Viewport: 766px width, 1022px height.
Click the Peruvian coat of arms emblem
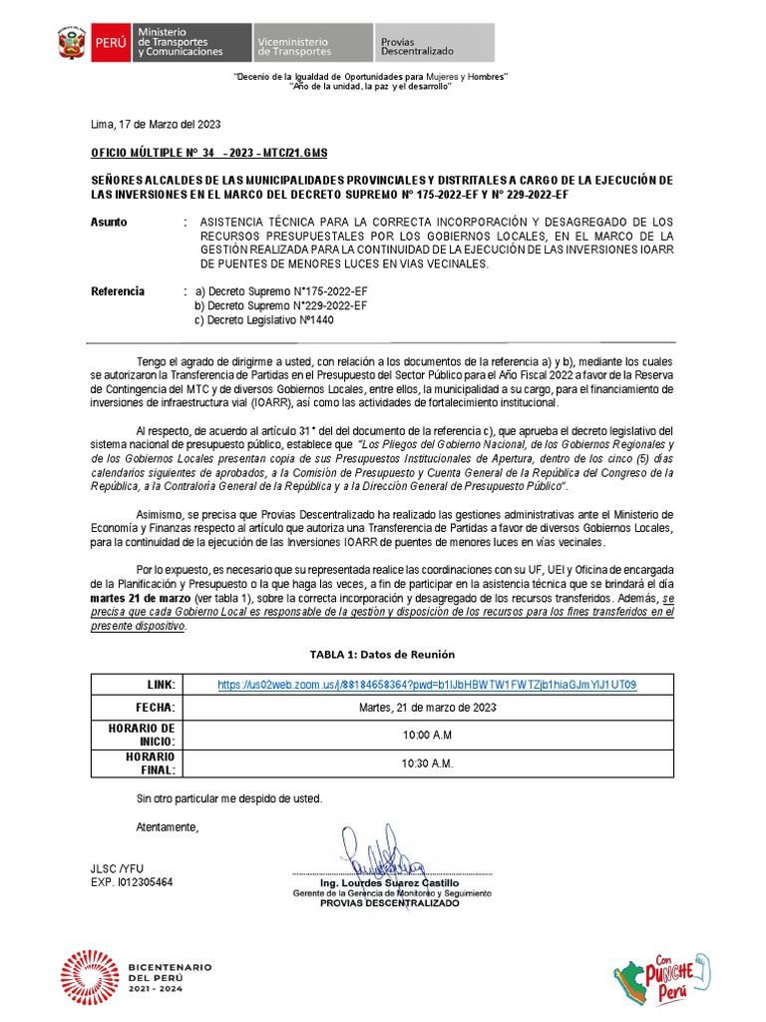pos(71,44)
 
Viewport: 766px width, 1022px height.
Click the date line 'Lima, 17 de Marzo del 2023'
pos(156,125)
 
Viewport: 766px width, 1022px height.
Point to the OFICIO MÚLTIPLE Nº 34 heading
pos(208,153)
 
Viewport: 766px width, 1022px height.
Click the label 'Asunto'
pos(109,222)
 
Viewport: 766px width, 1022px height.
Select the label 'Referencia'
pos(118,291)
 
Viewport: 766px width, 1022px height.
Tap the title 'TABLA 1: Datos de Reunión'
pos(382,654)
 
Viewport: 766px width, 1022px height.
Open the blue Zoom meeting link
pos(427,685)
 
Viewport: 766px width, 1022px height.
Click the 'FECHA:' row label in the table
pos(155,708)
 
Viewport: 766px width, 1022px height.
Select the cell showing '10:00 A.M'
pos(427,735)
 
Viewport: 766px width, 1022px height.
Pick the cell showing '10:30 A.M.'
pos(427,764)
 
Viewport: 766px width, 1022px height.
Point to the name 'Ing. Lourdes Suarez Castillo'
pos(389,883)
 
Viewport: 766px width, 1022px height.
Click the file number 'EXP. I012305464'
pos(132,882)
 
